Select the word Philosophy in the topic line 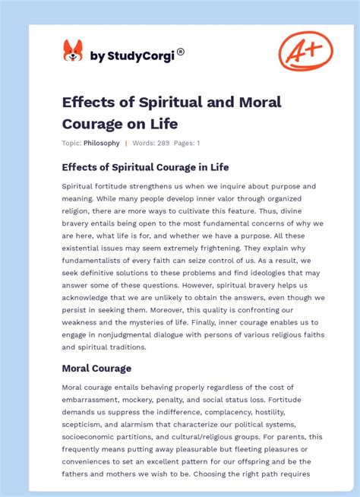[x=102, y=143]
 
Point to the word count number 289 [x=165, y=143]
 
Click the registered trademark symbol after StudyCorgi [x=181, y=52]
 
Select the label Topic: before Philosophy [x=72, y=143]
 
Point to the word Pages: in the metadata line [x=185, y=143]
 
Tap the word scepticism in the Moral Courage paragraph [x=84, y=424]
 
